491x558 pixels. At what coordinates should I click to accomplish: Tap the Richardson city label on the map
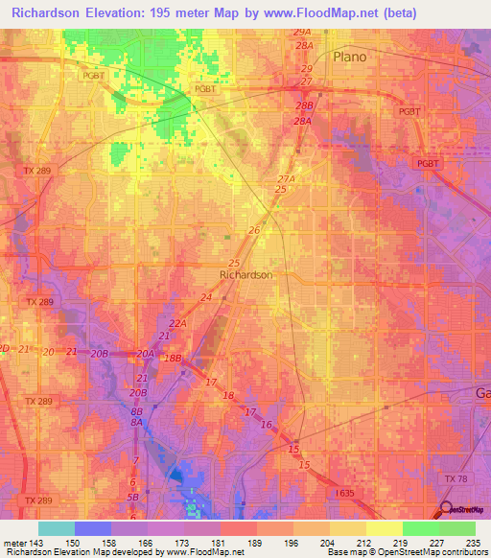click(x=246, y=274)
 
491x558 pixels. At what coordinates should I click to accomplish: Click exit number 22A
click(x=178, y=324)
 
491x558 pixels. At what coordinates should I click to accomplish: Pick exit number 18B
click(x=173, y=358)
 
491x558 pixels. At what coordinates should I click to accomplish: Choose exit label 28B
click(x=305, y=105)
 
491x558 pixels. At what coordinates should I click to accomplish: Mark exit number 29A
click(x=303, y=32)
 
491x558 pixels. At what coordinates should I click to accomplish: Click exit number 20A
click(x=145, y=354)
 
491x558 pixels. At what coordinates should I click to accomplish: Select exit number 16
click(x=268, y=425)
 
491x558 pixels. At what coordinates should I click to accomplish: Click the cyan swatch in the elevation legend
click(x=57, y=528)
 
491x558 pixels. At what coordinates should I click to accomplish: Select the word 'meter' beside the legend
click(x=12, y=542)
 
